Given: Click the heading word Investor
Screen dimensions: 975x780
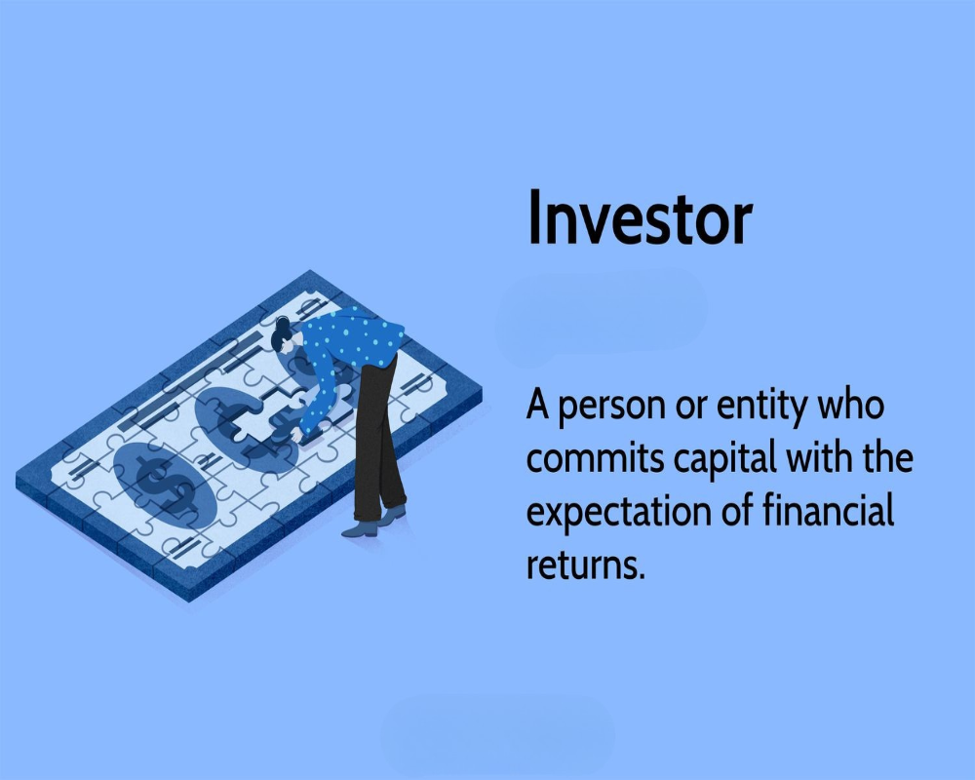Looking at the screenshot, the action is coord(640,217).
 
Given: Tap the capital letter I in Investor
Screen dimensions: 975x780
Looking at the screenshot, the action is coord(534,216).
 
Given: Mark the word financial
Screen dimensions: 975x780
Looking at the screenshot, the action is coord(828,511).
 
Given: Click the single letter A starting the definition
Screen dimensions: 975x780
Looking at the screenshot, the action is coord(539,406).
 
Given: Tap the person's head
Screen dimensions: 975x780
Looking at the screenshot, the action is coord(283,335).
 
